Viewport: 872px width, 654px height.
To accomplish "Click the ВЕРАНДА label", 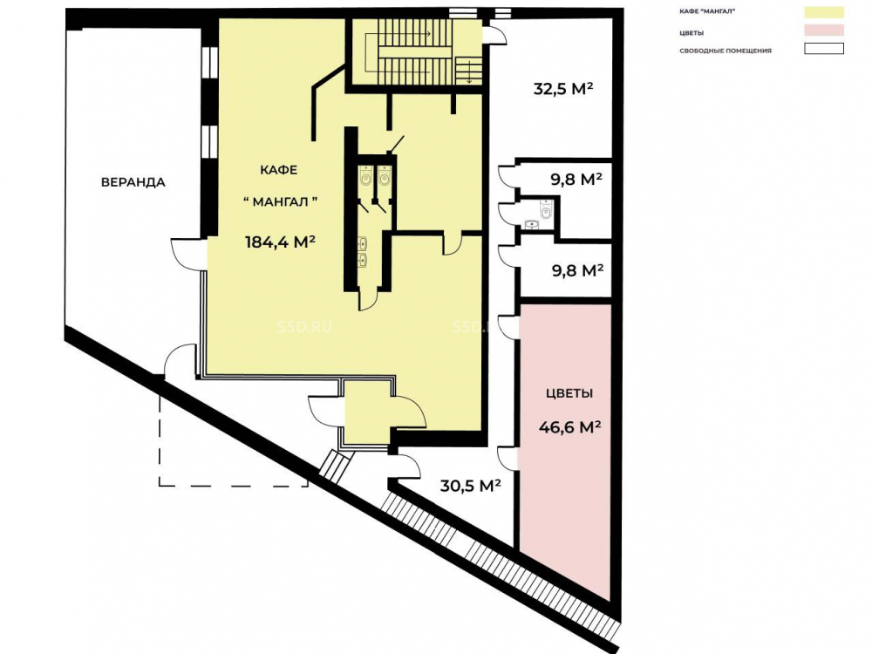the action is tap(133, 182).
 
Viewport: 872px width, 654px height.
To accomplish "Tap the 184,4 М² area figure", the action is tap(280, 242).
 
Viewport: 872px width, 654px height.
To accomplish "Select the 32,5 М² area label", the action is tap(562, 88).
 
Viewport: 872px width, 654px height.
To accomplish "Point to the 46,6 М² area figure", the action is tap(569, 427).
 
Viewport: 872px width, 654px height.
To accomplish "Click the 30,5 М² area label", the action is tap(471, 486).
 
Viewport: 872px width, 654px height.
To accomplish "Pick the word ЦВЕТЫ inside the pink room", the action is tap(569, 393).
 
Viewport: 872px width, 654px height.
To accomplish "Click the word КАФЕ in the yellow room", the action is tap(279, 170).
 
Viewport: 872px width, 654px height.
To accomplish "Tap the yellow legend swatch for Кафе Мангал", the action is tap(824, 11).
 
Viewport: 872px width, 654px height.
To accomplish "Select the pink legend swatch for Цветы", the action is tap(824, 30).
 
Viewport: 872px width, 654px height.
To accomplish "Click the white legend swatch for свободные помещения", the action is tap(824, 49).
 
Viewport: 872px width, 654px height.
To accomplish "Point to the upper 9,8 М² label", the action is tap(576, 179).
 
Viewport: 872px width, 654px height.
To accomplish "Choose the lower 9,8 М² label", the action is tap(577, 270).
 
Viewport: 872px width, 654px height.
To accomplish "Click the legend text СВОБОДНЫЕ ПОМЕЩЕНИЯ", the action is tap(726, 51).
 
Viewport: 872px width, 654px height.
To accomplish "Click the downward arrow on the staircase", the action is tap(470, 72).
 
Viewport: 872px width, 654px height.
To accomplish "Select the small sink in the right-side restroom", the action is tap(532, 224).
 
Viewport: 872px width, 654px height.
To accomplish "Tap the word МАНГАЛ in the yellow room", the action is tap(280, 202).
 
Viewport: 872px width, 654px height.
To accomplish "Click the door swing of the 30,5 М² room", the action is tap(405, 465).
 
